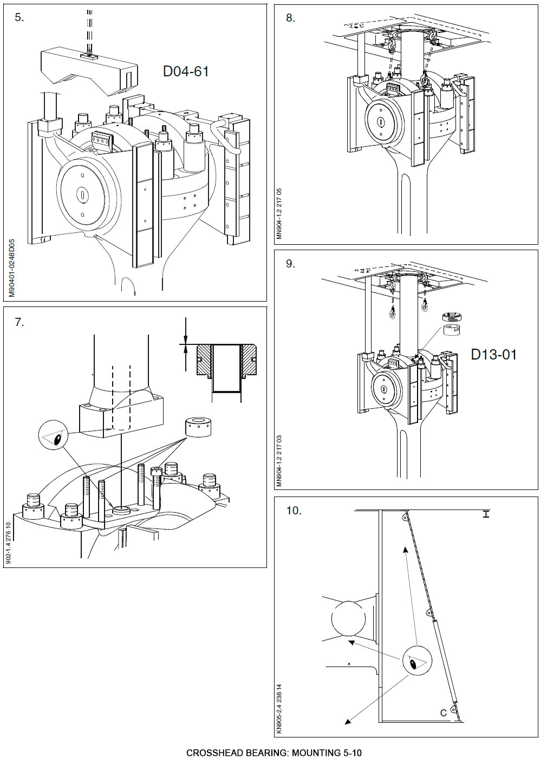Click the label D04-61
[x=186, y=71]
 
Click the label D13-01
[x=493, y=355]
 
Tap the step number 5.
[x=19, y=17]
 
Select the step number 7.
[x=19, y=322]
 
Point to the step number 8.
[x=291, y=18]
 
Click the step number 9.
[x=291, y=264]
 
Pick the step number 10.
[x=294, y=511]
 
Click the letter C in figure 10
[x=444, y=713]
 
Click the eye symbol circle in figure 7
[x=54, y=437]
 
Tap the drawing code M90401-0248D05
[x=12, y=269]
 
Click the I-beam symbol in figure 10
[x=486, y=514]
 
